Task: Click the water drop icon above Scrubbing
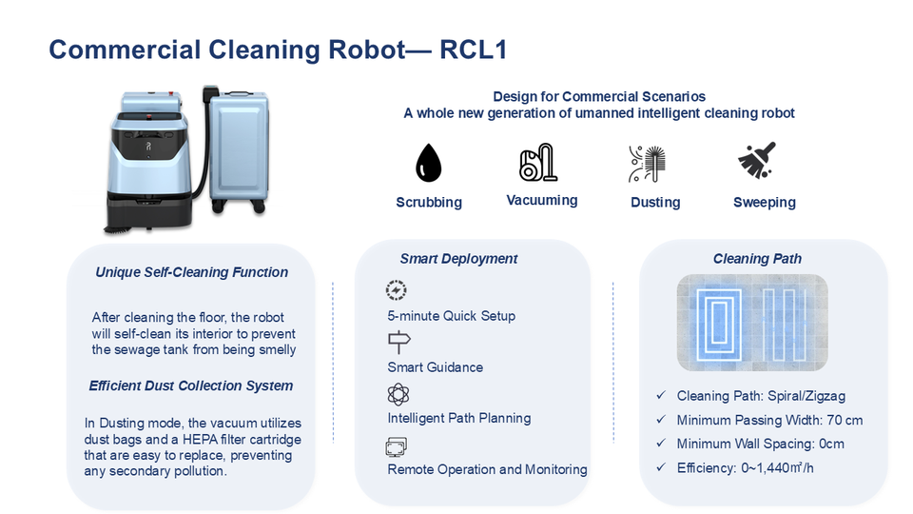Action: pos(429,163)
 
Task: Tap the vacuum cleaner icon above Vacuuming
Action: pos(538,162)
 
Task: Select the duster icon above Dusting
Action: pos(647,164)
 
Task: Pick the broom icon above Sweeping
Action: pos(757,160)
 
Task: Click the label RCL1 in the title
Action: pos(474,49)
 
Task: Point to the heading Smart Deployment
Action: pos(458,259)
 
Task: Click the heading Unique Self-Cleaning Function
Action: pos(191,272)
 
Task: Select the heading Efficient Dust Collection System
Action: pos(191,385)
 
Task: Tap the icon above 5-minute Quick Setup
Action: pos(396,290)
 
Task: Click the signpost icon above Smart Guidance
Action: pos(398,342)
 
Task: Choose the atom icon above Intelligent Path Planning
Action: pos(398,394)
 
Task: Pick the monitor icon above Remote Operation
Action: pos(396,447)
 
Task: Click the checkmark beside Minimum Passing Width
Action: pos(661,420)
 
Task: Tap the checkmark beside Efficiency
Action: pos(661,467)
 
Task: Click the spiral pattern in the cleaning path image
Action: pos(719,323)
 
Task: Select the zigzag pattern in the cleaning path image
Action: pos(785,324)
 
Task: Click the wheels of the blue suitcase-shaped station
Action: pos(241,207)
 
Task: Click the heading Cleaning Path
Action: pos(758,259)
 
